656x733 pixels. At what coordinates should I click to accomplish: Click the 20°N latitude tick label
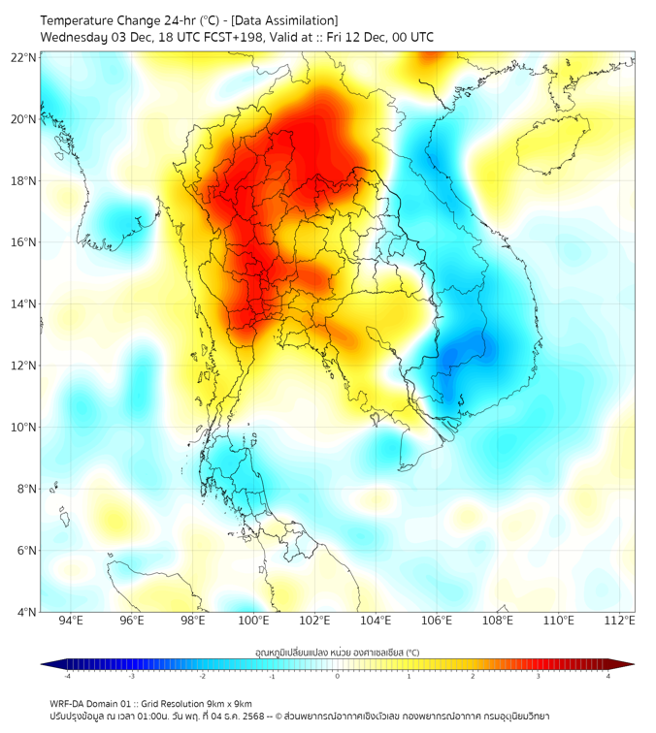(24, 119)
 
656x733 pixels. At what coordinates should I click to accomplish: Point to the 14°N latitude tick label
(24, 303)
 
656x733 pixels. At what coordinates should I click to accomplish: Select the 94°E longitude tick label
(71, 621)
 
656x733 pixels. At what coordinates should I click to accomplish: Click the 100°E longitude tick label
(253, 621)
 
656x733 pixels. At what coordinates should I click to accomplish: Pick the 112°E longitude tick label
(619, 621)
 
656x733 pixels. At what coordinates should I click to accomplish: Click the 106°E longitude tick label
(437, 621)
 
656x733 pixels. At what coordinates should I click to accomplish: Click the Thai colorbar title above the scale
(337, 652)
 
